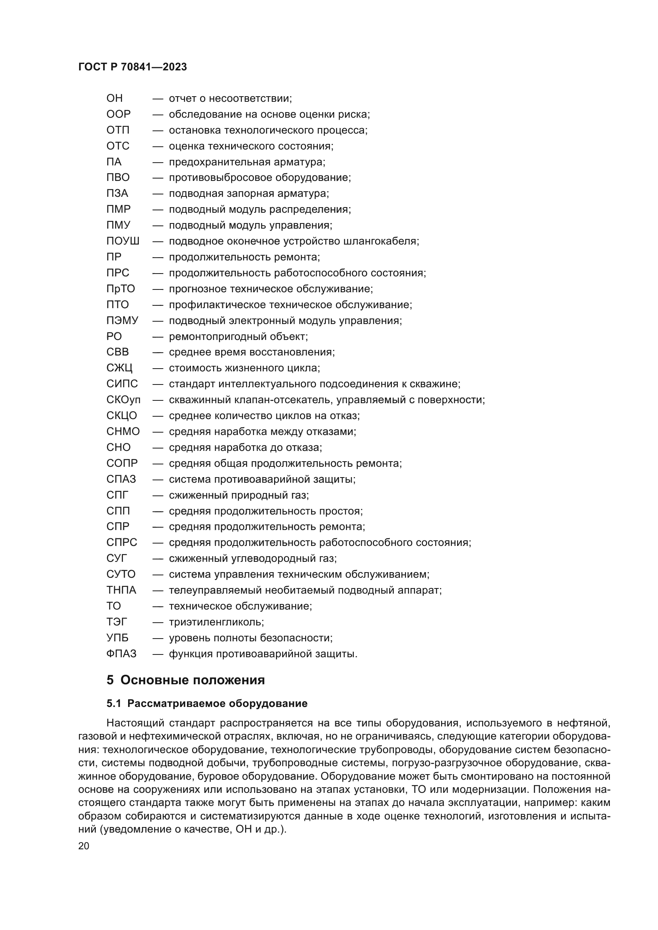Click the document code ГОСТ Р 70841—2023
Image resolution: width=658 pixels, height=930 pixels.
click(132, 67)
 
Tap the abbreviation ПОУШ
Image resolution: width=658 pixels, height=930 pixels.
click(123, 241)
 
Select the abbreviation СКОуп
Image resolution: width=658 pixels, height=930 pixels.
click(123, 400)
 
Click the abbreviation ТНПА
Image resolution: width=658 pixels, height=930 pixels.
click(121, 590)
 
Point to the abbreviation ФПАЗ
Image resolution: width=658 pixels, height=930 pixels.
click(121, 654)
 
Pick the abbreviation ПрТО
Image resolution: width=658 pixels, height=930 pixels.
click(120, 289)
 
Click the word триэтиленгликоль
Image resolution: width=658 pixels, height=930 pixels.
click(216, 622)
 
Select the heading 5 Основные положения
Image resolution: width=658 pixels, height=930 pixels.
click(185, 680)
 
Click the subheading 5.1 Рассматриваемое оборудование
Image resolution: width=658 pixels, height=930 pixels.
click(207, 704)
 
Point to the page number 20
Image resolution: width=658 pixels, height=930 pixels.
click(84, 846)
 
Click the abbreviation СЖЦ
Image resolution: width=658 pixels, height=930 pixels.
click(119, 368)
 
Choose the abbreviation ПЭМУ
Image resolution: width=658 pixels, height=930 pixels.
click(122, 321)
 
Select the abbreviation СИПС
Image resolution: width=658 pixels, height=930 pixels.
click(122, 384)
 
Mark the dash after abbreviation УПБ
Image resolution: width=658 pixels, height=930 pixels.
click(158, 638)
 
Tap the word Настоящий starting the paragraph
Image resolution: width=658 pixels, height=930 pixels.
click(135, 723)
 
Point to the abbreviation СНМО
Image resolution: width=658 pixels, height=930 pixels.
click(123, 432)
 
